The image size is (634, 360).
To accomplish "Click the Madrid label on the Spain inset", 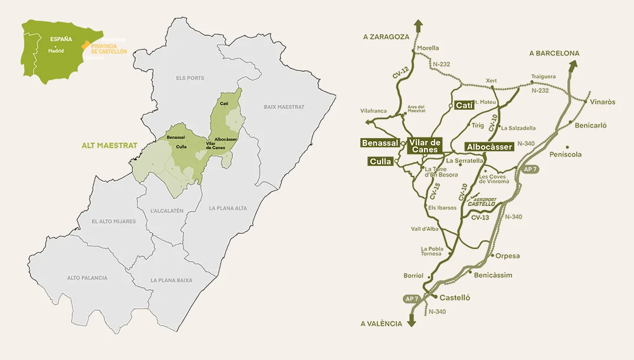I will pos(57,51).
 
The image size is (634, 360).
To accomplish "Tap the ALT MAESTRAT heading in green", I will pos(109,145).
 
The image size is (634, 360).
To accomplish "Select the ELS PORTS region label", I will pos(190,78).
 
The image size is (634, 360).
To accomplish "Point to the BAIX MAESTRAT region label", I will pos(284,107).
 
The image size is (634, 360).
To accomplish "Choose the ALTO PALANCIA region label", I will pos(87,277).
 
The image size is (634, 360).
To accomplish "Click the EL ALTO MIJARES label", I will pos(114,221).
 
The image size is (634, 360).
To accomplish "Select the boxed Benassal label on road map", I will pos(380,143).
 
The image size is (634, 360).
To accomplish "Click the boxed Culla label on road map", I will pos(380,161).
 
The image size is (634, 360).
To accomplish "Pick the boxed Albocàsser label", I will pos(489,146).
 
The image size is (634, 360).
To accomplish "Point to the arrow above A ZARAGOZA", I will pos(418,25).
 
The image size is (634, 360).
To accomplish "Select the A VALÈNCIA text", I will pos(382,323).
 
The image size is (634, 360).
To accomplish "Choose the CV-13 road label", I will pos(480,217).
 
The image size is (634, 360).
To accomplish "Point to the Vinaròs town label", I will pos(602,102).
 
